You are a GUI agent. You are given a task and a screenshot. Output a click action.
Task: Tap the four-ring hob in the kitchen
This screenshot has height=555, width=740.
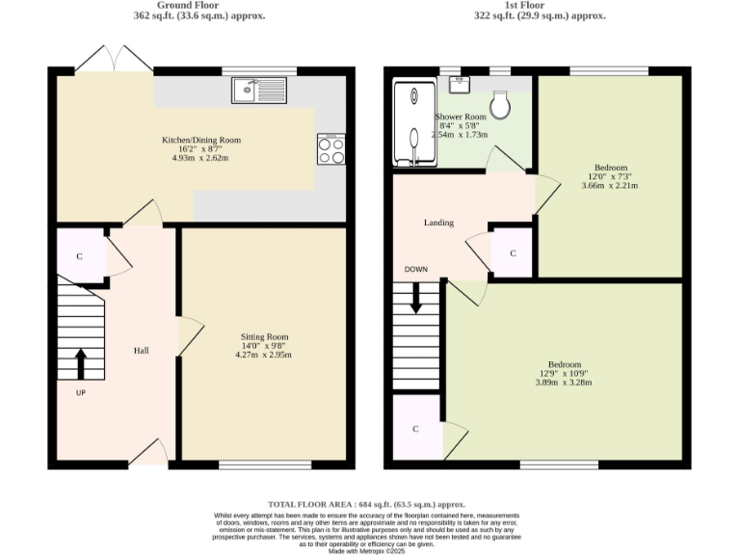[x=331, y=148]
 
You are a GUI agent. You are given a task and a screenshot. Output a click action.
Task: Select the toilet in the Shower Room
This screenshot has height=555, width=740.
[x=500, y=105]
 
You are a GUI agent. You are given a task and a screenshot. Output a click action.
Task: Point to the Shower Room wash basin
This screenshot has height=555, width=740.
[x=461, y=84]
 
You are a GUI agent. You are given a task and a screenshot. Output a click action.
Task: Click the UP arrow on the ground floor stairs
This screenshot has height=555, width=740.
[x=80, y=364]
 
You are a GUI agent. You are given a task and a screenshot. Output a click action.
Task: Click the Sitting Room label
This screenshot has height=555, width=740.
[x=264, y=337]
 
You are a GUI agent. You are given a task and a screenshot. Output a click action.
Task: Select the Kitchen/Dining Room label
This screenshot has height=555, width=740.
[x=200, y=140]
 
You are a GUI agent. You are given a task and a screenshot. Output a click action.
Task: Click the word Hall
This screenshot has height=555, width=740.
[x=141, y=350]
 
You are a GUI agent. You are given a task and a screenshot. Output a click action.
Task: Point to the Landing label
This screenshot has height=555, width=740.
[x=438, y=223]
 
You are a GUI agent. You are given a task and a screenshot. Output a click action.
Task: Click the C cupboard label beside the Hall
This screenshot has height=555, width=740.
[x=79, y=257]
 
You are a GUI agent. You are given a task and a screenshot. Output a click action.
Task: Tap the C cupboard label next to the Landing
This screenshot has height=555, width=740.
[x=513, y=253]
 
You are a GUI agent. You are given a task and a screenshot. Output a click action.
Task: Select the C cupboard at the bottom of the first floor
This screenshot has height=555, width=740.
[x=415, y=428]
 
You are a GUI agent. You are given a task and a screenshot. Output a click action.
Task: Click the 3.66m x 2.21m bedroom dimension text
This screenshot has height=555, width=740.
[x=610, y=185]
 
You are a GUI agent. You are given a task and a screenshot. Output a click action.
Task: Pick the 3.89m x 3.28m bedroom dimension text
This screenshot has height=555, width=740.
[x=563, y=383]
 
